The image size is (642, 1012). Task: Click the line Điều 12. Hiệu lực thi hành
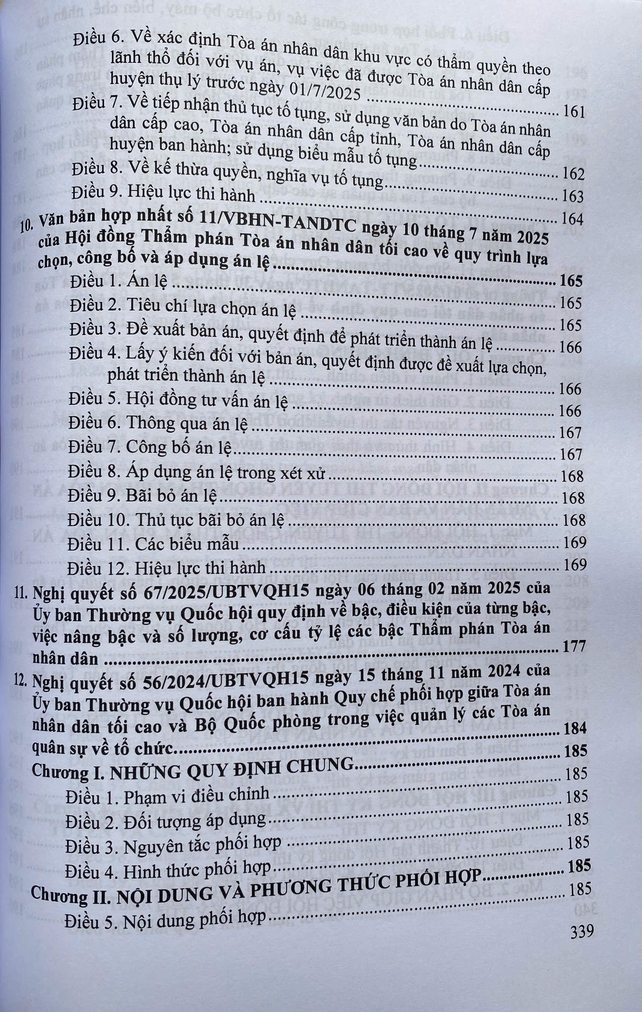coord(167,568)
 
